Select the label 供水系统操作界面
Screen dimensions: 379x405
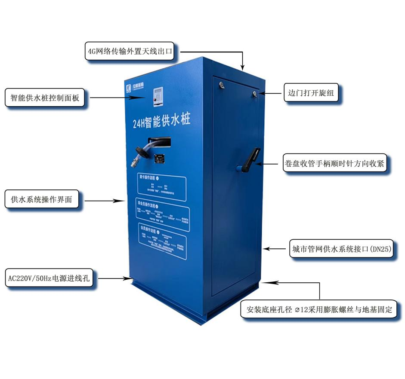[42, 200]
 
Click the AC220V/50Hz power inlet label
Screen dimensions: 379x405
[49, 278]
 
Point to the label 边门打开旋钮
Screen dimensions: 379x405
[312, 92]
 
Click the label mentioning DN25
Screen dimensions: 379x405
[342, 249]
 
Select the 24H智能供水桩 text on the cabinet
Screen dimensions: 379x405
[161, 122]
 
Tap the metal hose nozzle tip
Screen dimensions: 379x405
[135, 163]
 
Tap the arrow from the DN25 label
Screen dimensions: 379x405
[275, 248]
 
